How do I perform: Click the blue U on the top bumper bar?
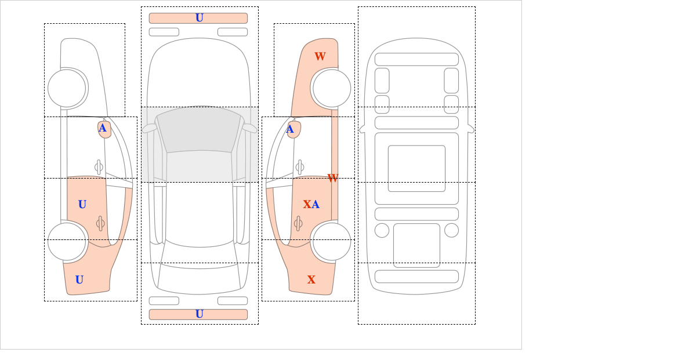[200, 18]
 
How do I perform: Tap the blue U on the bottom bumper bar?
[200, 314]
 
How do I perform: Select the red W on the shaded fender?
[320, 56]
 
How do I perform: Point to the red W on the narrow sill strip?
[333, 178]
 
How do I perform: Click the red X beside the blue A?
[307, 204]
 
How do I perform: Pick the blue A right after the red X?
[316, 204]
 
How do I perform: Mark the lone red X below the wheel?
[311, 280]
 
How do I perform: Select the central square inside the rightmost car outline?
[416, 168]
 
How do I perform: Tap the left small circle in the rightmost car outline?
[382, 230]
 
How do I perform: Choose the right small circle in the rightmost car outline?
[451, 230]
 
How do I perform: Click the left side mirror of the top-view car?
[149, 128]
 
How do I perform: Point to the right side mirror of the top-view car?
[249, 128]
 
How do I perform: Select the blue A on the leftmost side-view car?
[103, 128]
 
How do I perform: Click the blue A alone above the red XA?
[290, 129]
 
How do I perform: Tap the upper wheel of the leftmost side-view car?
[67, 88]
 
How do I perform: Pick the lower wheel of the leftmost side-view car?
[67, 241]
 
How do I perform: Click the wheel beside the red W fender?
[332, 88]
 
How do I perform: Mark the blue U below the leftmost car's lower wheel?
[79, 280]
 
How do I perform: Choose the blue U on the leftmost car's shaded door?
[82, 204]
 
